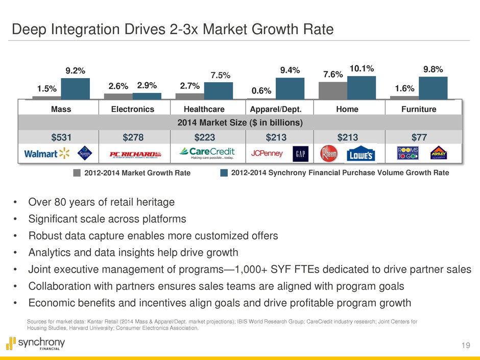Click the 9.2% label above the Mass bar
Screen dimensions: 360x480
pyautogui.click(x=75, y=70)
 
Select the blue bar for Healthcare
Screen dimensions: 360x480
pyautogui.click(x=219, y=90)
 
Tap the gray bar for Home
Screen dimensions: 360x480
pyautogui.click(x=332, y=90)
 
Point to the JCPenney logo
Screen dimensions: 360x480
pyautogui.click(x=268, y=154)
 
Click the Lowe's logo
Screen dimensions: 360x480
pyautogui.click(x=362, y=154)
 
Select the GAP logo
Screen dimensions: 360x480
pyautogui.click(x=300, y=154)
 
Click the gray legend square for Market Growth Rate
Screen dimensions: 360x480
pyautogui.click(x=77, y=173)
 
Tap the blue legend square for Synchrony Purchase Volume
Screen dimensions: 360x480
pyautogui.click(x=224, y=173)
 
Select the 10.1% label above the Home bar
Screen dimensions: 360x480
pyautogui.click(x=362, y=68)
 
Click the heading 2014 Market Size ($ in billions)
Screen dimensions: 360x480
pyautogui.click(x=239, y=123)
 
